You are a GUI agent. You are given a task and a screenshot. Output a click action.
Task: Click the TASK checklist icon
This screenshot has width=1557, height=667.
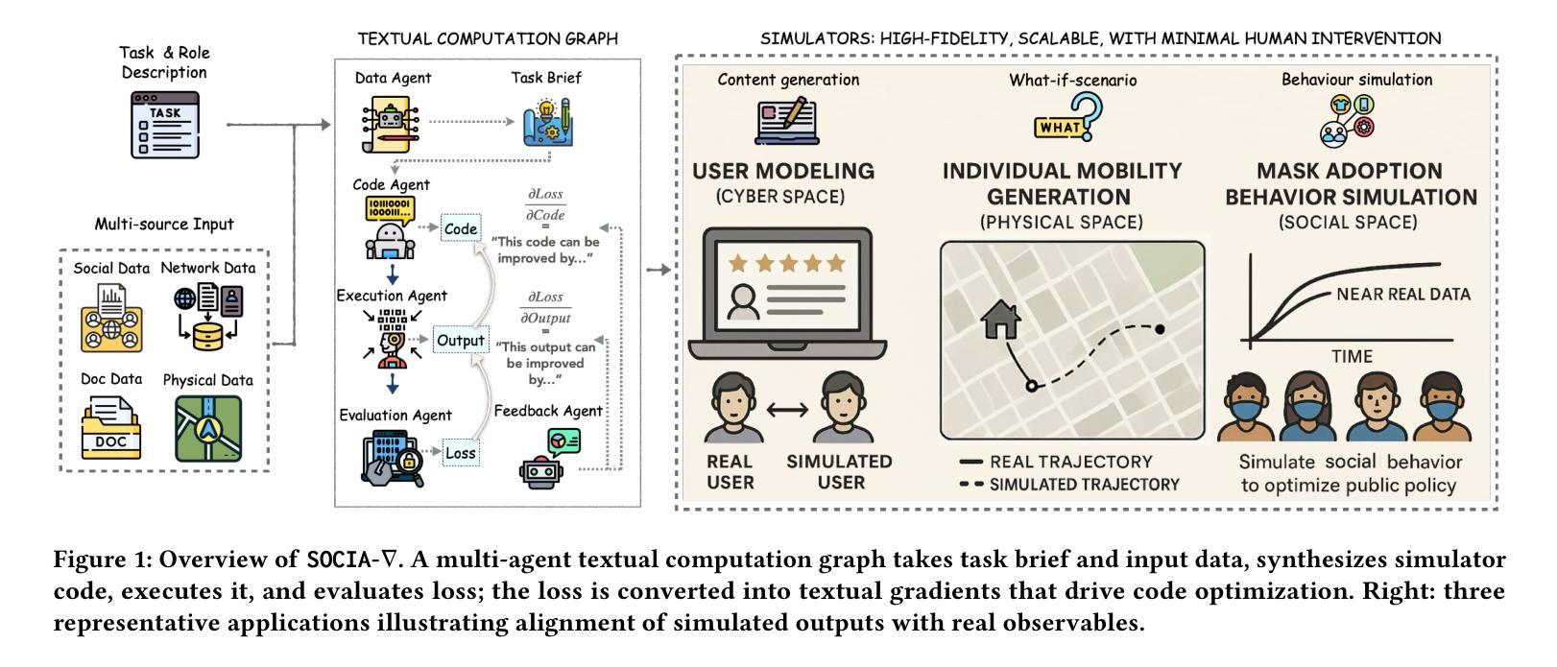point(165,125)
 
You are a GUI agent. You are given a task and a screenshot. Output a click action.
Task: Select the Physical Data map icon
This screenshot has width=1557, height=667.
point(208,428)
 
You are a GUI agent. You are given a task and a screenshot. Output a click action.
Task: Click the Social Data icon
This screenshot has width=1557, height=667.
point(111,318)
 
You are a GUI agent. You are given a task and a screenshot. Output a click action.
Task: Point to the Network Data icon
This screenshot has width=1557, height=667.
point(208,316)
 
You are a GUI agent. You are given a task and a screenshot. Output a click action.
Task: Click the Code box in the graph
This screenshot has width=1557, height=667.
point(461,228)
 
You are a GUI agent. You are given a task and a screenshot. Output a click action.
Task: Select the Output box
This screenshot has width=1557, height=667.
point(461,341)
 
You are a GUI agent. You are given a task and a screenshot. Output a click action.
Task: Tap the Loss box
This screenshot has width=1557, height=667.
point(461,453)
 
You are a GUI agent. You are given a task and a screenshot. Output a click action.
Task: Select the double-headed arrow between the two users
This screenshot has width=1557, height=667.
point(788,410)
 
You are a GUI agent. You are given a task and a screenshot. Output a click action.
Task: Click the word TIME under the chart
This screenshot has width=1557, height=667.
point(1351,356)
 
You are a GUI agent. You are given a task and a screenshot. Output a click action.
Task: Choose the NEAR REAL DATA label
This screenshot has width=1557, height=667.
point(1402,294)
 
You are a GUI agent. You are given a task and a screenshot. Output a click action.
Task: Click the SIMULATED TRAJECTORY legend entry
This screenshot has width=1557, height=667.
point(1070,485)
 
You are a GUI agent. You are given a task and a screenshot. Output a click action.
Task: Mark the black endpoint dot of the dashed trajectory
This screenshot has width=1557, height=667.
point(1160,329)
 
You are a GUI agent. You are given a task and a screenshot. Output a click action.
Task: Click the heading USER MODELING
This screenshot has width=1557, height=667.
point(783,171)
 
